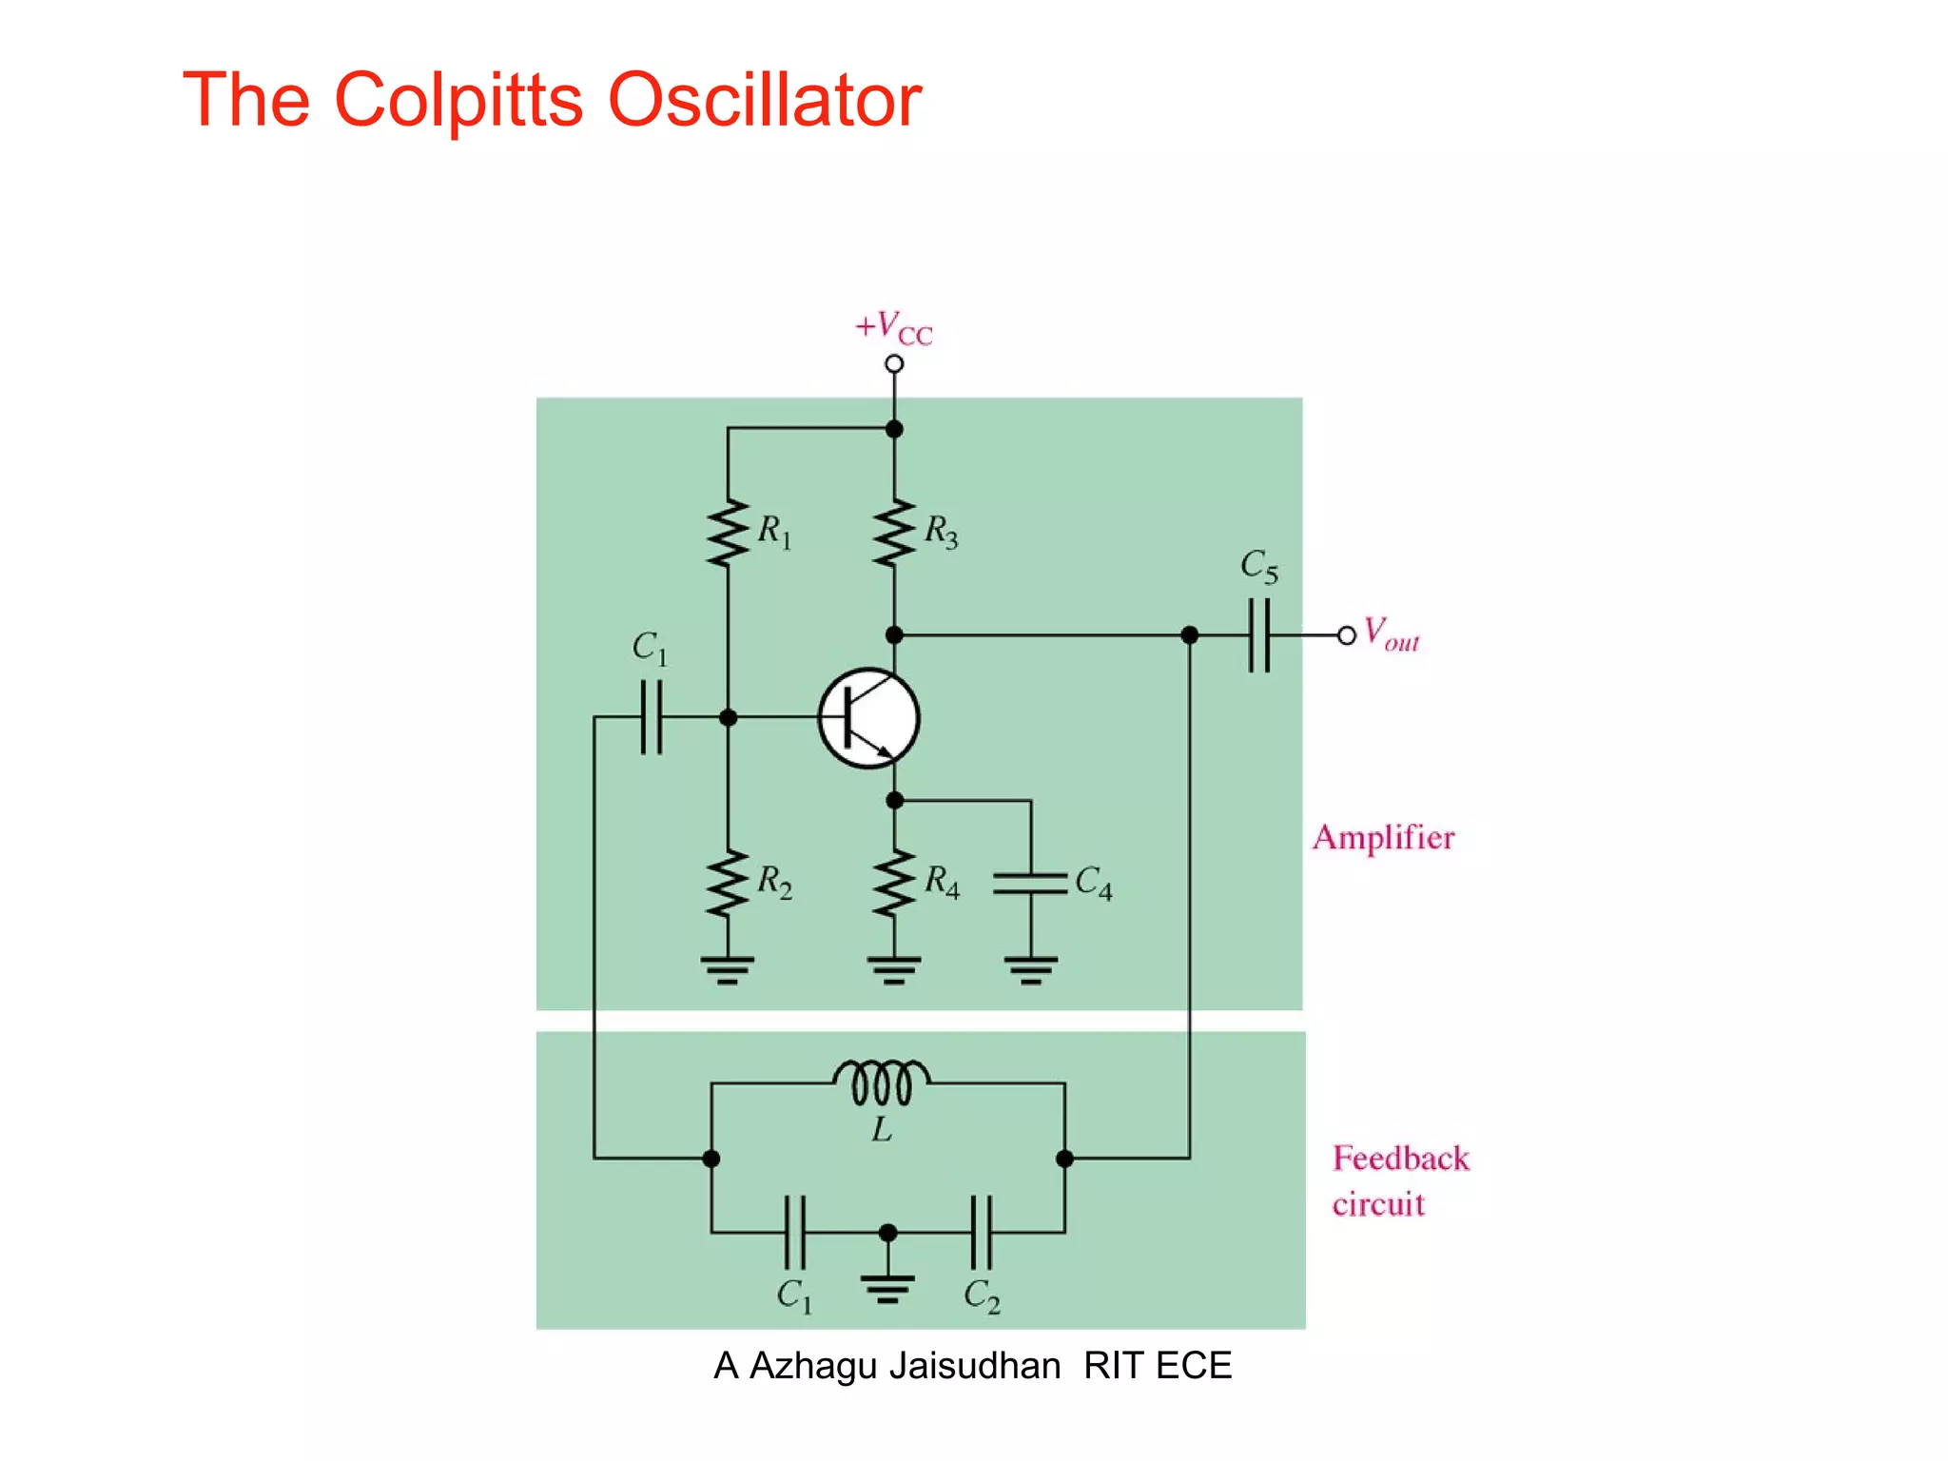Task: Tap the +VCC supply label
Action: pyautogui.click(x=893, y=328)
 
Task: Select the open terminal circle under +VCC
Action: pyautogui.click(x=894, y=364)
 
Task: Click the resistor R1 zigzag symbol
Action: pyautogui.click(x=729, y=534)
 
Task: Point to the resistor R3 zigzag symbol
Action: pyautogui.click(x=894, y=534)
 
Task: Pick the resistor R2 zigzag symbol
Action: pyautogui.click(x=729, y=884)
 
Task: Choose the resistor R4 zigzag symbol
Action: pyautogui.click(x=894, y=884)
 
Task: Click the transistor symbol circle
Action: pyautogui.click(x=868, y=718)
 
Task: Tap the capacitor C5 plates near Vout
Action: pyautogui.click(x=1258, y=634)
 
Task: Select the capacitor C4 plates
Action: pyautogui.click(x=1030, y=884)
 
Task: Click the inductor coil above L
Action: pyautogui.click(x=882, y=1082)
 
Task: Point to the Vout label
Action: pyautogui.click(x=1391, y=633)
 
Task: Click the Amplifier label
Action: pyautogui.click(x=1383, y=838)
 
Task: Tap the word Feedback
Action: pyautogui.click(x=1400, y=1159)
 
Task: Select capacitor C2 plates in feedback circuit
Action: pyautogui.click(x=982, y=1233)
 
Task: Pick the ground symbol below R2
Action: pyautogui.click(x=728, y=969)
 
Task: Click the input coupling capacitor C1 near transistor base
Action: pyautogui.click(x=652, y=717)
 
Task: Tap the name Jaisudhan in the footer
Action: pyautogui.click(x=974, y=1366)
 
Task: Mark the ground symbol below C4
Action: pyautogui.click(x=1030, y=969)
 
